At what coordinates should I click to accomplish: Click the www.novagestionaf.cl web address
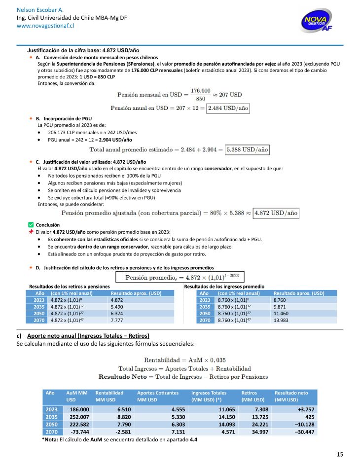tap(38, 25)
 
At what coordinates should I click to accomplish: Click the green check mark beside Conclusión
tap(32, 225)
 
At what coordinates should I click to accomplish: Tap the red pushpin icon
tap(31, 232)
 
